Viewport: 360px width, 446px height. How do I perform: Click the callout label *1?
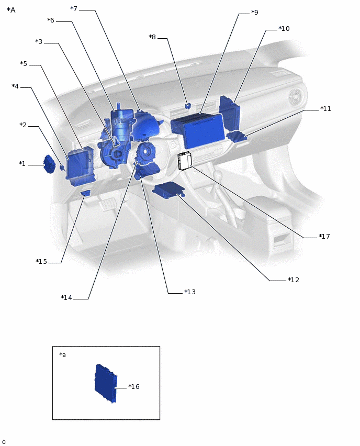[x=22, y=164]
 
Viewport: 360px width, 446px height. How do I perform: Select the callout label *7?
[x=74, y=9]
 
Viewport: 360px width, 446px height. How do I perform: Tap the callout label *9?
[x=254, y=12]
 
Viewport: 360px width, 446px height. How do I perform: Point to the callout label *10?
[x=284, y=29]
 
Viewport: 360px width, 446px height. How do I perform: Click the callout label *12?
[x=294, y=280]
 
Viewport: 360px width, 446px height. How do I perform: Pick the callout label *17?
[x=324, y=237]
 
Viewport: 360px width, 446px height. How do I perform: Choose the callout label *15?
[x=41, y=262]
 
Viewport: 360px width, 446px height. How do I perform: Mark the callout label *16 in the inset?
[x=134, y=387]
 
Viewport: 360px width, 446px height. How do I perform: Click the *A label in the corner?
[x=11, y=10]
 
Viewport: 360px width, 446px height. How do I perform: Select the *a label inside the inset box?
[x=63, y=355]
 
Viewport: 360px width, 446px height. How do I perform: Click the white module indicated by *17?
[x=185, y=161]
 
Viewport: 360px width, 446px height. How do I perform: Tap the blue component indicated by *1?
[x=50, y=164]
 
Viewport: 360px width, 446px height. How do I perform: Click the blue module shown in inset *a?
[x=105, y=383]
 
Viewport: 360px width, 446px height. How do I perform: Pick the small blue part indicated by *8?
[x=188, y=106]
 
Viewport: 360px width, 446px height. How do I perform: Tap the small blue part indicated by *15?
[x=85, y=194]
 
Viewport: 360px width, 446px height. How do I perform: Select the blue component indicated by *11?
[x=238, y=137]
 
